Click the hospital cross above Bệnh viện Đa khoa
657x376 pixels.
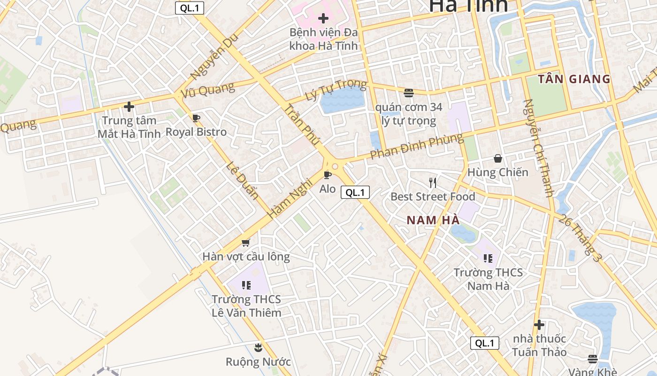[x=323, y=19]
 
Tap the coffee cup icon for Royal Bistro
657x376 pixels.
[x=196, y=118]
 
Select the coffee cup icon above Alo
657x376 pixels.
[x=328, y=175]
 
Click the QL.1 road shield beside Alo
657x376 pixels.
[x=355, y=192]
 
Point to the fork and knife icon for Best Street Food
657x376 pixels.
[x=433, y=183]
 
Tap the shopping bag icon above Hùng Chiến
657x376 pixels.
[x=497, y=159]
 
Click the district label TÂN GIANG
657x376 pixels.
[x=574, y=79]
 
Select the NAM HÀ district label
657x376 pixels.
[x=433, y=220]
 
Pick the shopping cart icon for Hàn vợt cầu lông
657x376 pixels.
[x=245, y=243]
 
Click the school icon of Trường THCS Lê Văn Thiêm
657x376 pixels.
[x=246, y=285]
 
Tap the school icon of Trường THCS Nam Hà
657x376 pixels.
[x=488, y=258]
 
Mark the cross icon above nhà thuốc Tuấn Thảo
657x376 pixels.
[x=539, y=325]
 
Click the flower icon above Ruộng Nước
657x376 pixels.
[x=258, y=348]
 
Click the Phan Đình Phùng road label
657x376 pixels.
[x=416, y=146]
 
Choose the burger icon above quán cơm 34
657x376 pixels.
[x=409, y=93]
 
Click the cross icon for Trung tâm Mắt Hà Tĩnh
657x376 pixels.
[x=129, y=107]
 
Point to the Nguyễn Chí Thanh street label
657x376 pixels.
[x=539, y=148]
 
